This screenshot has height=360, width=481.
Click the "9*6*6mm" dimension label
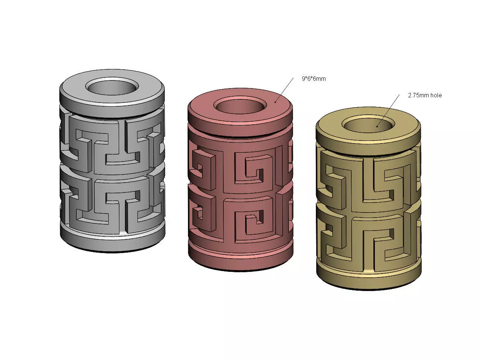(314, 79)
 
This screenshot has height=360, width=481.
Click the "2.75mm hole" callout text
(425, 95)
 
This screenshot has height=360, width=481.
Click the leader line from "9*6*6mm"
(285, 90)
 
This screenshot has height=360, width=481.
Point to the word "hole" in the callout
(435, 95)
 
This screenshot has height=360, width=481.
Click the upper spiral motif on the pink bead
(254, 168)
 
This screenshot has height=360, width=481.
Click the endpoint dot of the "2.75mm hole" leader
(377, 126)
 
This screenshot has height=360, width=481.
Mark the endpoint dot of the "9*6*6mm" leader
(275, 102)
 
